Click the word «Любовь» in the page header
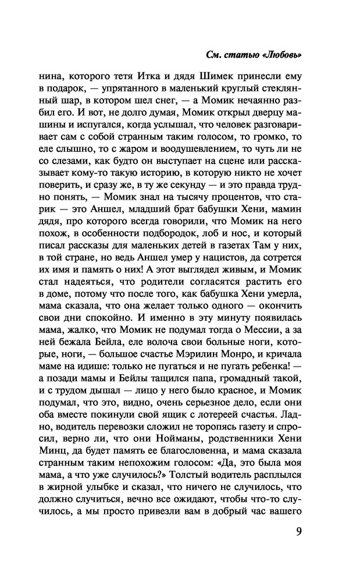(283, 55)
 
